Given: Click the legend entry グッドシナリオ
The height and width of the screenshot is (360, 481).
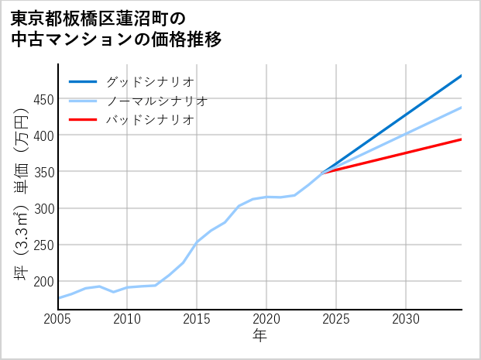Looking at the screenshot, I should [149, 81].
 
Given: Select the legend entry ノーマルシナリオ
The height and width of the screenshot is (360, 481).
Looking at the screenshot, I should [156, 101].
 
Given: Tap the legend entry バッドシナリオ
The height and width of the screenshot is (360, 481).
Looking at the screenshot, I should [149, 120].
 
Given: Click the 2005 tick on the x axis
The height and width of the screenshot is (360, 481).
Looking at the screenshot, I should [58, 319].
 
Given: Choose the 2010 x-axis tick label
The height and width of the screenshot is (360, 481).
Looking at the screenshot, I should [127, 319].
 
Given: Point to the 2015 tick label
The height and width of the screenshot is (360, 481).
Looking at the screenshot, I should [197, 319].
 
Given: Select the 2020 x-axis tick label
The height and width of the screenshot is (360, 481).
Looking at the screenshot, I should [266, 319].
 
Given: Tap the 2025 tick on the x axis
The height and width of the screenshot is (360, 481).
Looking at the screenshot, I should [336, 319].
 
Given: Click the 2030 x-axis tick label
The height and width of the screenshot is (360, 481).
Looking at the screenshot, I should [406, 319].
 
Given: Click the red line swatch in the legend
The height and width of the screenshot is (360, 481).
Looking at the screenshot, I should [83, 120].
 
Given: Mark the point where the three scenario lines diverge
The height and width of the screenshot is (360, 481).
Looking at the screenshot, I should [322, 173].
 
